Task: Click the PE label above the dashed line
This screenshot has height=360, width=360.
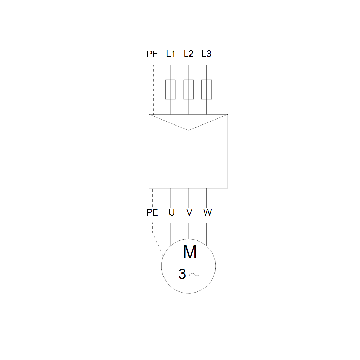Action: [152, 54]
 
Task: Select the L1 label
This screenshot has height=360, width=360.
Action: [171, 54]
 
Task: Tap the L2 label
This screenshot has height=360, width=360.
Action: [188, 54]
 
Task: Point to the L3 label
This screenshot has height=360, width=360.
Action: [206, 54]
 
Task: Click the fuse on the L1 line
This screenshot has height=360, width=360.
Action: [171, 90]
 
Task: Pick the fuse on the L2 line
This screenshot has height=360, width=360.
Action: [188, 90]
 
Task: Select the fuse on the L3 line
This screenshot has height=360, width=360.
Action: [206, 90]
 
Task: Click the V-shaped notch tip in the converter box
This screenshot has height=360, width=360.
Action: [188, 130]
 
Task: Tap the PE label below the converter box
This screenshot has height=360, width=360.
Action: [152, 212]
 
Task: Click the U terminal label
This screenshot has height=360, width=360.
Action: [172, 212]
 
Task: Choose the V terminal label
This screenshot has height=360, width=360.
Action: [189, 212]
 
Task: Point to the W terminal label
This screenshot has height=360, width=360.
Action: [207, 212]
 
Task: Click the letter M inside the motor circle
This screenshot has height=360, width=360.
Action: [190, 252]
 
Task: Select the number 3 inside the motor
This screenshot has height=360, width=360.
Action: [182, 274]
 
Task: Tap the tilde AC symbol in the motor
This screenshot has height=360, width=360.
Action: [194, 274]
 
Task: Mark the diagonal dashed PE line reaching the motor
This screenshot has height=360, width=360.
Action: [157, 244]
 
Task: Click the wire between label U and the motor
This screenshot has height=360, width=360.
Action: [171, 232]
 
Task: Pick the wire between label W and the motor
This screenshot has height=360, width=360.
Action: [206, 232]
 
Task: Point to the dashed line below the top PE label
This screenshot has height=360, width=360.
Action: [153, 88]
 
